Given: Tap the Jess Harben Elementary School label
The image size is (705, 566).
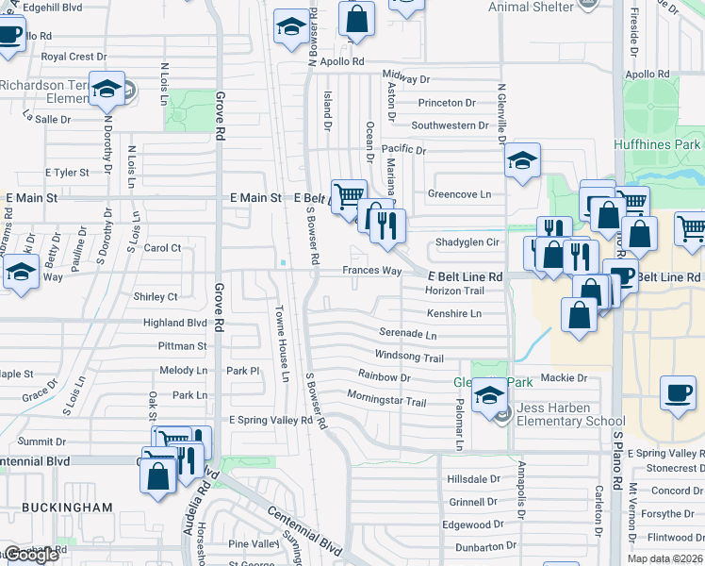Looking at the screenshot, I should point(570,415).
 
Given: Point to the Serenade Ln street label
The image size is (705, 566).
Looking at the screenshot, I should point(408,334).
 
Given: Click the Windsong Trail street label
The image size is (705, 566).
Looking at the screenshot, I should point(409,358).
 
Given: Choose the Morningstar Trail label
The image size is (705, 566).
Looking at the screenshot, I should point(386,402).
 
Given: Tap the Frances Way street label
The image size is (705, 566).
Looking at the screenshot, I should point(371,271).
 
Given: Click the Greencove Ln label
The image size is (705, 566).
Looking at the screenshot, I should point(460,194).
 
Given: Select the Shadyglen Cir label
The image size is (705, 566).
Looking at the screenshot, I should point(466,242).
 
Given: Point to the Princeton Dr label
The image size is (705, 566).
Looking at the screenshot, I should point(447,102).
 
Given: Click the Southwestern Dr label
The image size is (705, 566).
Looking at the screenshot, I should point(450,125).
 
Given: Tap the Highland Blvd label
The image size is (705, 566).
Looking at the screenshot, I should point(174,323).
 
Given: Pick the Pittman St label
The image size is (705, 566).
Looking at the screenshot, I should point(183,346).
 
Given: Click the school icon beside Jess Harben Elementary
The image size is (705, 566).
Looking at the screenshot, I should point(489,395).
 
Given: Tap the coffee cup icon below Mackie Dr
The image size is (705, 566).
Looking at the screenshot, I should point(678,393).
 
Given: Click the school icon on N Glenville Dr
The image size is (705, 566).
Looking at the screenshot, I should point(521,161).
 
